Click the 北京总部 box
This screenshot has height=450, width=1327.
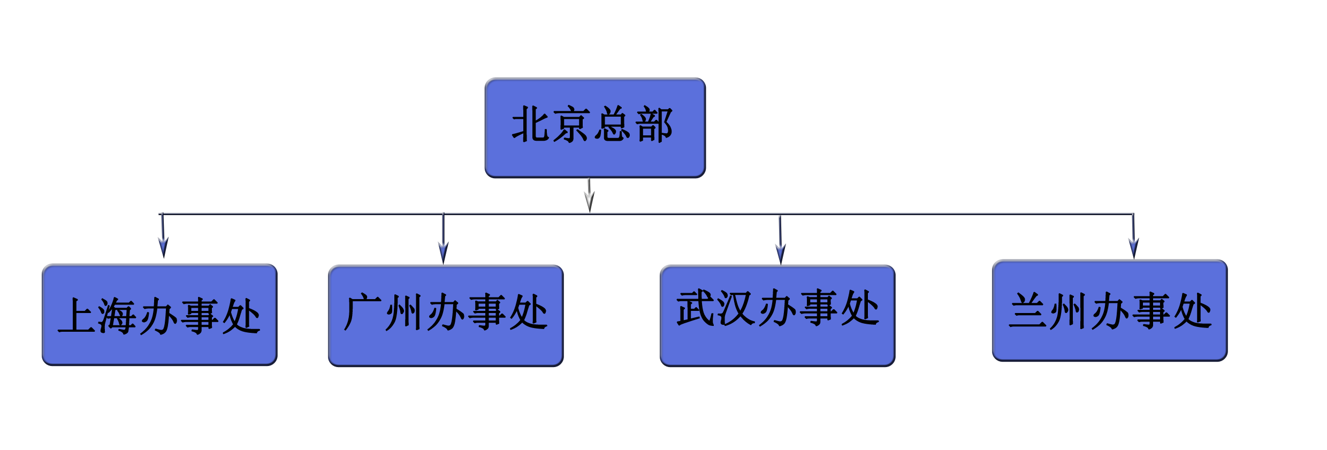(595, 127)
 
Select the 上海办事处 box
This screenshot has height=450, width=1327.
(159, 315)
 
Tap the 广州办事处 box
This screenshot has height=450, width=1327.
(445, 316)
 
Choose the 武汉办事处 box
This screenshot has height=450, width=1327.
(777, 315)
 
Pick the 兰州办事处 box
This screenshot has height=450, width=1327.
(1110, 310)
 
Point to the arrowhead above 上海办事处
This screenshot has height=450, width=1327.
(163, 247)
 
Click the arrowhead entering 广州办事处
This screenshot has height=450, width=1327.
(443, 251)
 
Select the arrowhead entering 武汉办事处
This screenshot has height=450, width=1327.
(780, 253)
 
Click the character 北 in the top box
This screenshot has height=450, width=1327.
(531, 124)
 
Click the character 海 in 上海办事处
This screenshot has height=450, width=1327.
(117, 316)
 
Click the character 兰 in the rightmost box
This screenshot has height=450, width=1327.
(1028, 310)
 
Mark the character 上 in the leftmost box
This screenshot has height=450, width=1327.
(77, 316)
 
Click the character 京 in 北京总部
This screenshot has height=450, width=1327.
(571, 124)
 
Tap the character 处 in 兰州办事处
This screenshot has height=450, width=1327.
(1192, 310)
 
